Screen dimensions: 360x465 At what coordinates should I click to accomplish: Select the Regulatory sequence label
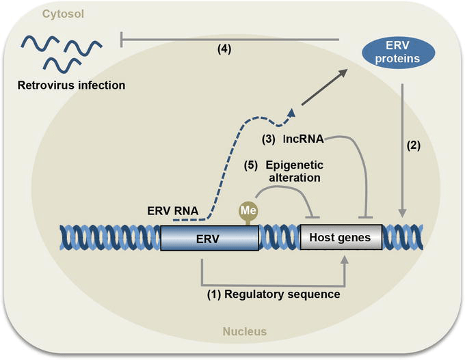pos(274,294)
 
